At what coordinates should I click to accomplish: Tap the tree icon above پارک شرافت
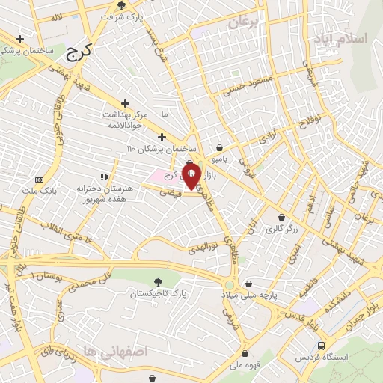(x=132, y=4)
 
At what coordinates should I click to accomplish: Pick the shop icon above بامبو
(x=219, y=147)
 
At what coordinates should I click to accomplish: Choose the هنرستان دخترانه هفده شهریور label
(x=99, y=194)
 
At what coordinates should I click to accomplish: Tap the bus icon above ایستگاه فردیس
(x=321, y=346)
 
